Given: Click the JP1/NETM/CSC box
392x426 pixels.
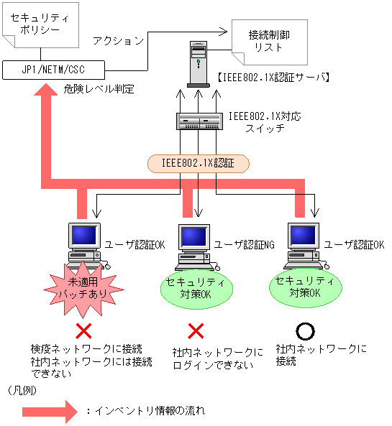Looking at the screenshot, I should click(x=54, y=70).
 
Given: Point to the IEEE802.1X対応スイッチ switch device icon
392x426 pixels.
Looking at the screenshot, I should click(x=199, y=121).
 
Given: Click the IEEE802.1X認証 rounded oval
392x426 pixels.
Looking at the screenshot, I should click(x=198, y=163).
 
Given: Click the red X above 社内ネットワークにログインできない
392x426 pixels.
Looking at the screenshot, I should click(x=196, y=331).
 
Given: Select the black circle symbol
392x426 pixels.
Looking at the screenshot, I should click(x=306, y=330).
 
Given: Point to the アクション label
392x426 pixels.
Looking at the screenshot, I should click(x=119, y=41).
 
